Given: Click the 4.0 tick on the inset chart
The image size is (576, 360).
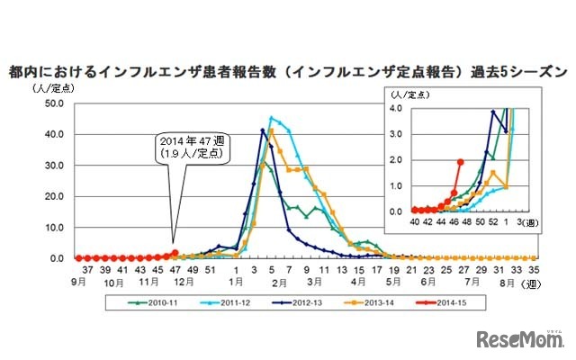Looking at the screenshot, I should (x=396, y=108).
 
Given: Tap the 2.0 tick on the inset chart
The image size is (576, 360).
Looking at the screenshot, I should (x=396, y=159).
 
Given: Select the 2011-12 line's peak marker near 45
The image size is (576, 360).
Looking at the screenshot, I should (x=271, y=118).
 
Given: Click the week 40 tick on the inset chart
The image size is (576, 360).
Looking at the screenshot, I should (x=414, y=220).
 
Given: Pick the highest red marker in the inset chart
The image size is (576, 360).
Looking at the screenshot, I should (x=460, y=162).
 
